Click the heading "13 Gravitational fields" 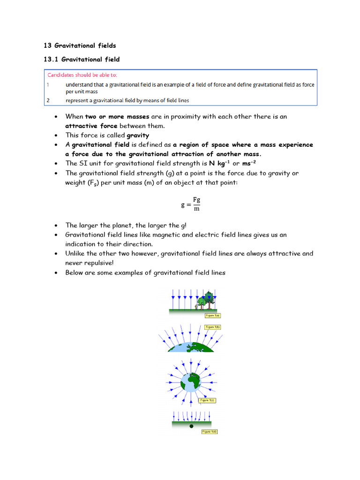(80, 45)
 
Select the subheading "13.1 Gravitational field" (82, 59)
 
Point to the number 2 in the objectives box (48, 100)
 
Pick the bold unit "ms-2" (249, 163)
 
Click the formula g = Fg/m (191, 204)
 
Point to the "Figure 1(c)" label (207, 400)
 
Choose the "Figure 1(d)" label (209, 431)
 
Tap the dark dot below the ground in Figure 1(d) (191, 427)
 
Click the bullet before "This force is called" (56, 135)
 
